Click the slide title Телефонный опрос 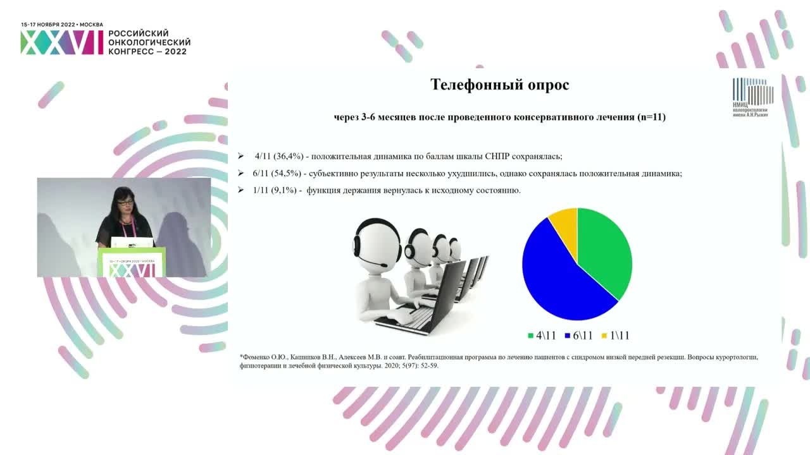point(499,85)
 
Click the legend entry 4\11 point(542,336)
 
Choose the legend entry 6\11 point(578,336)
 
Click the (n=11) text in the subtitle point(651,117)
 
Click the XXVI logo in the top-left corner point(61,42)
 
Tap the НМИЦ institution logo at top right point(752,97)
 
